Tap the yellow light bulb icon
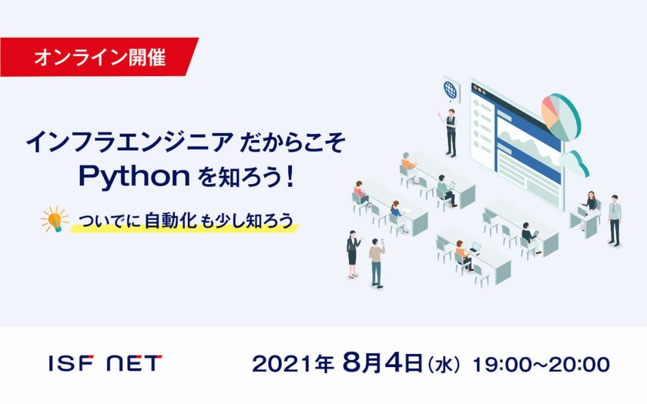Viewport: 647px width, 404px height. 55,219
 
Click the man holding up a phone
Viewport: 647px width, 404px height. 377,261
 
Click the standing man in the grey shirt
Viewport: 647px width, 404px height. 613,219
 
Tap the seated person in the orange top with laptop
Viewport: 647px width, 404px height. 461,255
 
